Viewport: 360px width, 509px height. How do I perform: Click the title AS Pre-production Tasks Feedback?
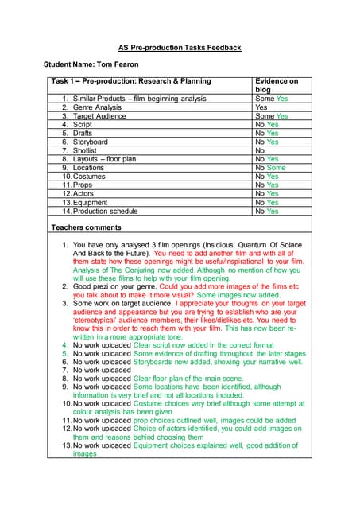[180, 48]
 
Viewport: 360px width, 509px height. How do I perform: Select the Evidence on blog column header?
[277, 85]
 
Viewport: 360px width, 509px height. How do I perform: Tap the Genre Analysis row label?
[97, 107]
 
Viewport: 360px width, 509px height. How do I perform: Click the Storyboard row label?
[91, 142]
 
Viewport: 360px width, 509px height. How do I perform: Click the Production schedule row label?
[110, 212]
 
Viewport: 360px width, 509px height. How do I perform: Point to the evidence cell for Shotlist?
[260, 151]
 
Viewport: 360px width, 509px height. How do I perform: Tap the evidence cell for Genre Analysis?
[261, 107]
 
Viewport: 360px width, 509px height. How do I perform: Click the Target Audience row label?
[100, 116]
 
